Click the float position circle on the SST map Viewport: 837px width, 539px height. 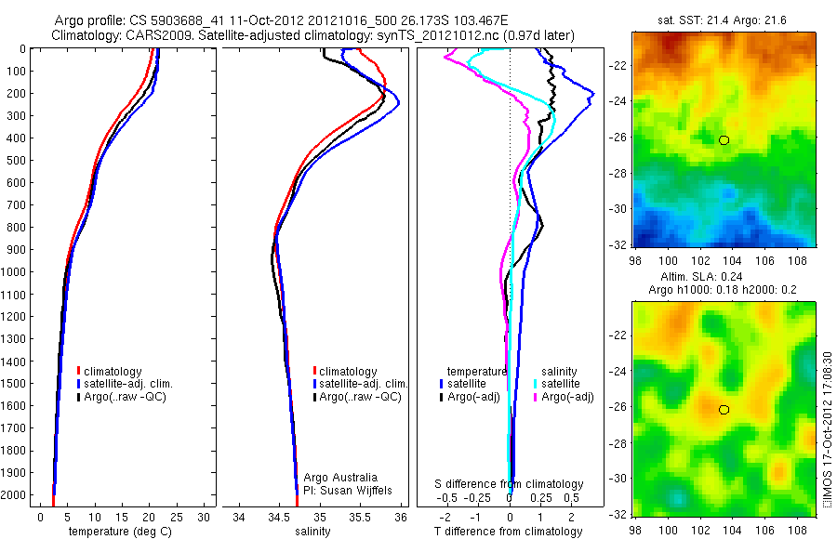point(724,139)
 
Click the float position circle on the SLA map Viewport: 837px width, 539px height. point(724,410)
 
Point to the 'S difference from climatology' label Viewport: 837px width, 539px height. point(510,484)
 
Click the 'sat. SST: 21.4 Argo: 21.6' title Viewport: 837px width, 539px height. point(722,20)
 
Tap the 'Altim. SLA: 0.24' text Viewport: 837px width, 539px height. point(722,278)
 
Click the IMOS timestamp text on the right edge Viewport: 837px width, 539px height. point(828,429)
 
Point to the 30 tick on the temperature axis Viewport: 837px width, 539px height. point(205,517)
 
